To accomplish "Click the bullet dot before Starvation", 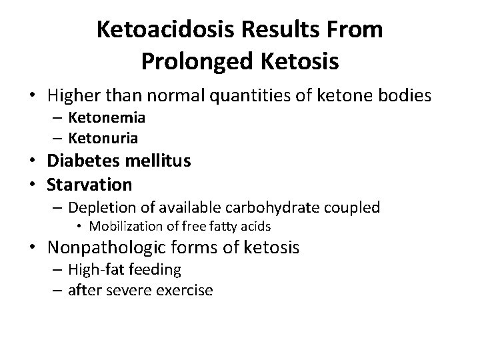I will tap(37, 183).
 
